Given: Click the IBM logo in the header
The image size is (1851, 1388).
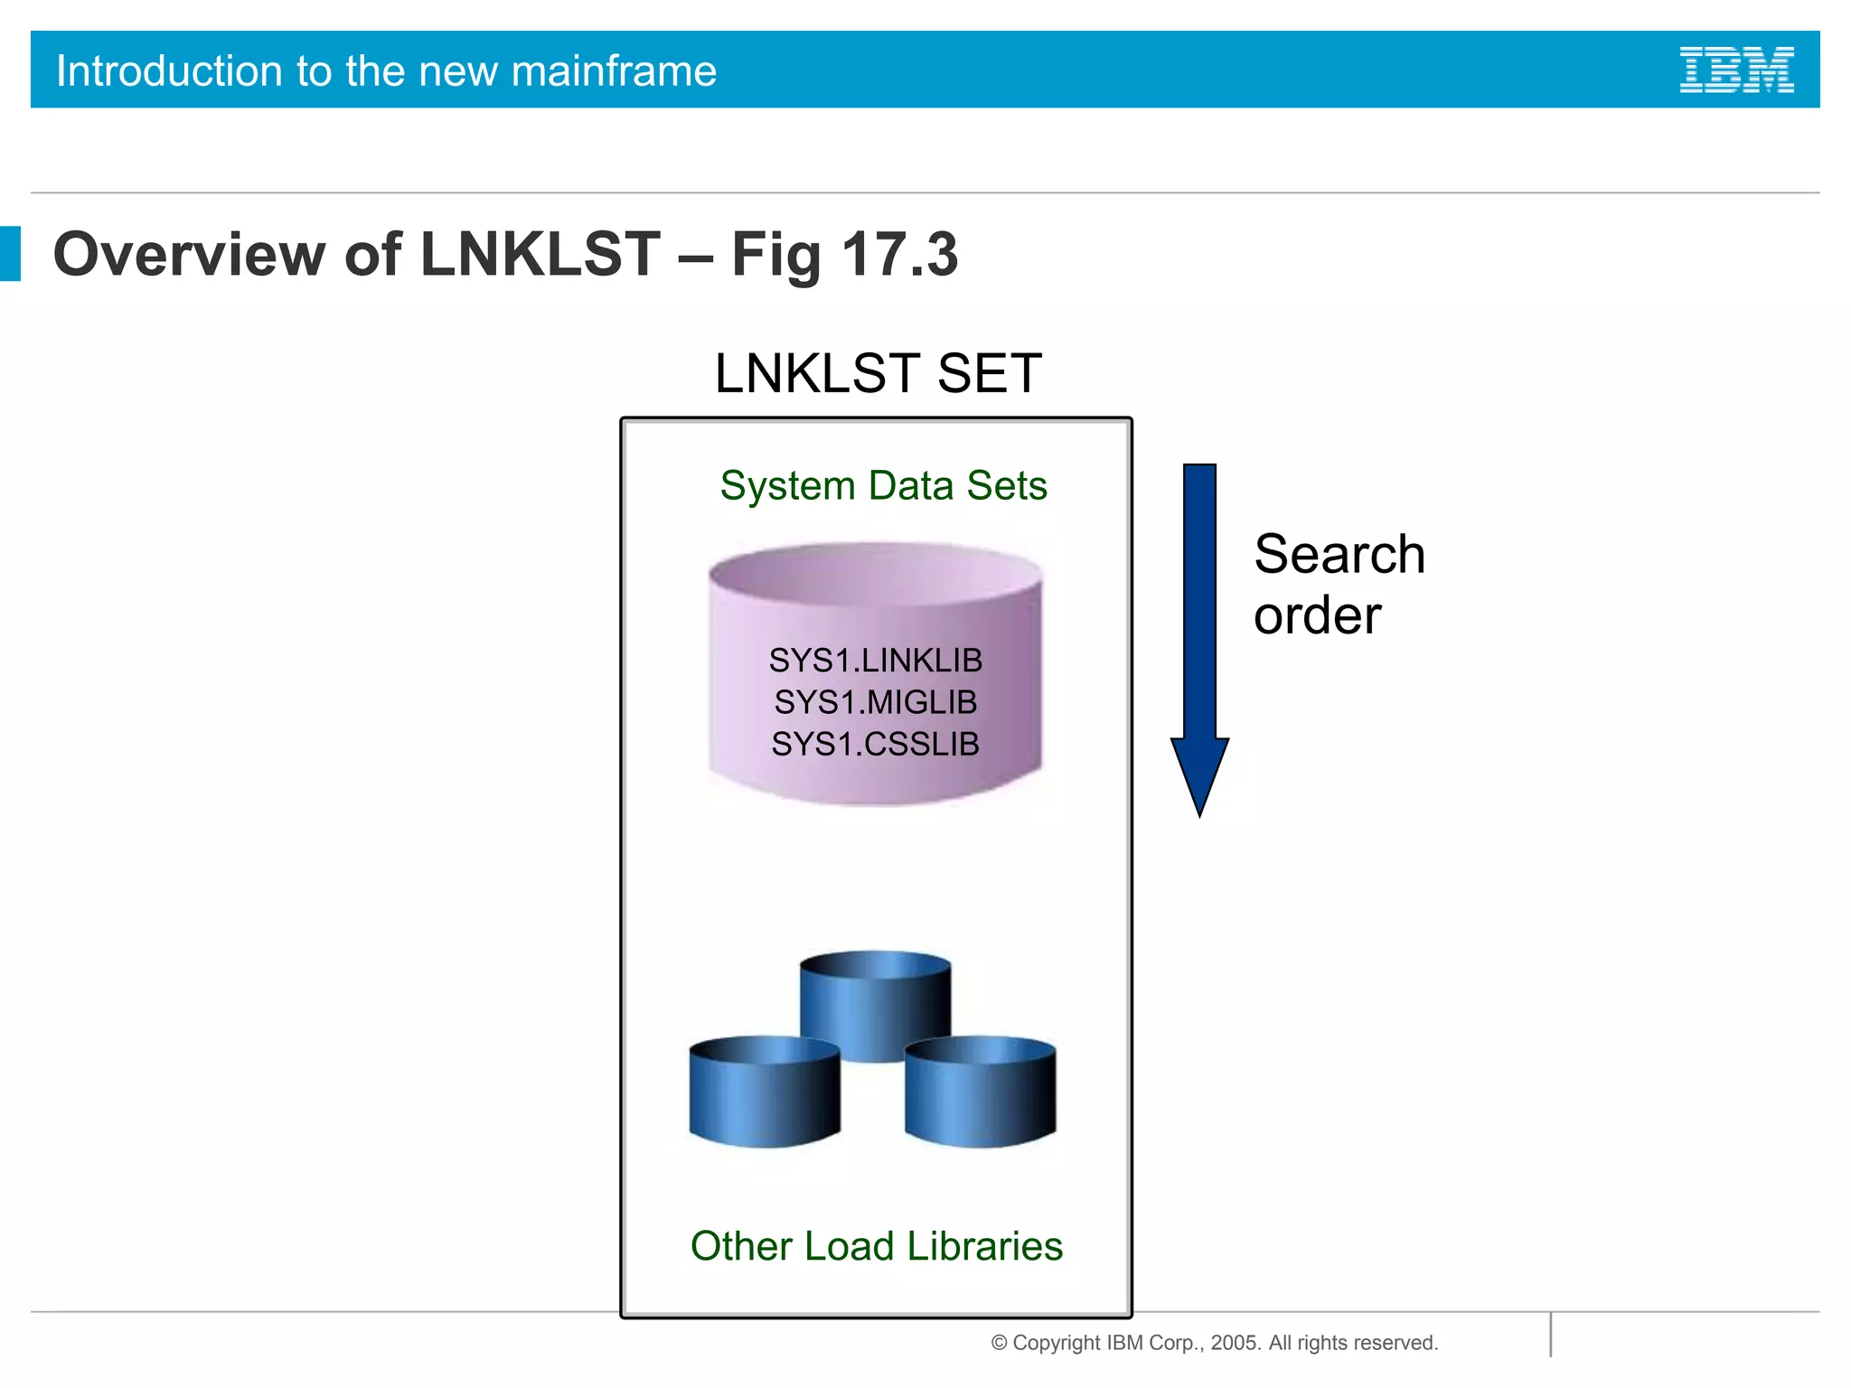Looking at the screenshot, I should coord(1736,70).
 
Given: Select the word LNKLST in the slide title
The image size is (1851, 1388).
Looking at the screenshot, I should coord(540,254).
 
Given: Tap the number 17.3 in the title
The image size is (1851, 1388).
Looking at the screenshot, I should coord(899,254).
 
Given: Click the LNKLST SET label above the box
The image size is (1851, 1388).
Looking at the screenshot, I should coord(878,373).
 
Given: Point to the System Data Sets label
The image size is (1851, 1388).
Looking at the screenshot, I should coord(883,485).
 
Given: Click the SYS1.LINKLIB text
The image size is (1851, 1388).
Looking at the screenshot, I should coord(875,661).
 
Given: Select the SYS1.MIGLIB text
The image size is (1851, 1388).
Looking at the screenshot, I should coord(875,702).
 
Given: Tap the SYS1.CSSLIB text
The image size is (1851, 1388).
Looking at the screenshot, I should coord(875,744).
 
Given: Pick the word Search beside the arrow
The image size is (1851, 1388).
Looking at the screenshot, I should coord(1339,554).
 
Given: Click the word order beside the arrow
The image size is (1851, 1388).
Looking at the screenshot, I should coord(1317,615).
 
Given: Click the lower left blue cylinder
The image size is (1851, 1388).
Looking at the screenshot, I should coord(764,1093).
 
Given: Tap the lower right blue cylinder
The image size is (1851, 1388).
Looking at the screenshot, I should coord(981,1093).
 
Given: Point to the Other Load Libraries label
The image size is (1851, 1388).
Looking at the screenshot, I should coord(876,1246).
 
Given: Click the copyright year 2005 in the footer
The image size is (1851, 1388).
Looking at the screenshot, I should coord(1235,1343).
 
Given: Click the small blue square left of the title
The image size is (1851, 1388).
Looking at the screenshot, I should coord(10,253).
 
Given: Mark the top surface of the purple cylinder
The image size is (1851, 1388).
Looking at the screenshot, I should coord(875,573).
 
